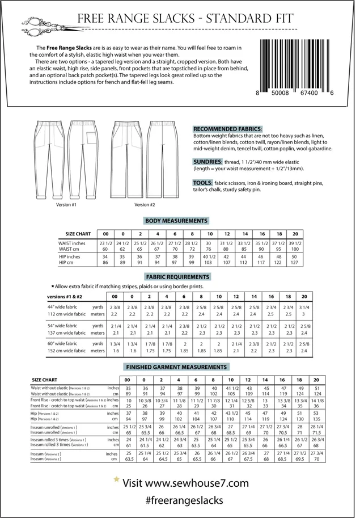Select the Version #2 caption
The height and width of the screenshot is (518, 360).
145,204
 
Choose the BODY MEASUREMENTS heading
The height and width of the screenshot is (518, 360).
176,220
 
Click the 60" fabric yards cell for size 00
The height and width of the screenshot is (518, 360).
114,344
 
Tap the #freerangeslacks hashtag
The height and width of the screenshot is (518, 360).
177,500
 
